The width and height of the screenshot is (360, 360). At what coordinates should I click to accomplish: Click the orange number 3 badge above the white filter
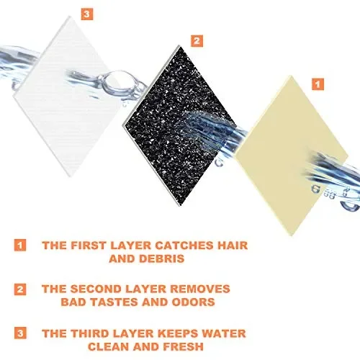[86, 14]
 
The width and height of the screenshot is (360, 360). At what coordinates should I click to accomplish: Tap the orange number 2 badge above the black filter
[197, 41]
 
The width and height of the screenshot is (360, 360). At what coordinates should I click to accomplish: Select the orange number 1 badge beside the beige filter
[318, 84]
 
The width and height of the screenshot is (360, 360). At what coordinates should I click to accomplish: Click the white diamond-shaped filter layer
[68, 96]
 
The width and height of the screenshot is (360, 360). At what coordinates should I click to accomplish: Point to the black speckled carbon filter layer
[179, 125]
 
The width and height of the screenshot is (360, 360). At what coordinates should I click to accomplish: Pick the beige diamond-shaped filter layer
[291, 156]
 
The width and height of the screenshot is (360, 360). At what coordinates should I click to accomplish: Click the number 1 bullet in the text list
[20, 245]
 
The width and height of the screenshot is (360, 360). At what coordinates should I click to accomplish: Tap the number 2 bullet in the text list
[20, 289]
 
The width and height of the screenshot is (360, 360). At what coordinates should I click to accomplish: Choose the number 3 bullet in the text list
[20, 333]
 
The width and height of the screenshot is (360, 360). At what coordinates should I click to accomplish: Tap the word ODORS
[194, 302]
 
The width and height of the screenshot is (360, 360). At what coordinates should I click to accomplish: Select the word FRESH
[183, 346]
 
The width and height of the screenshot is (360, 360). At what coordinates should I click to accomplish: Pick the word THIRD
[93, 333]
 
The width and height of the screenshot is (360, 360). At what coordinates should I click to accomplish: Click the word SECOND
[96, 289]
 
